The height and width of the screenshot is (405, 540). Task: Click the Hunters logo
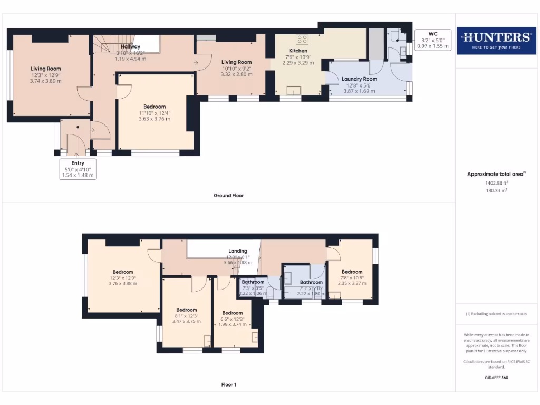(x=496, y=40)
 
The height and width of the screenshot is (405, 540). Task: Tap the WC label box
(x=433, y=40)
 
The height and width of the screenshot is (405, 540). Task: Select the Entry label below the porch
(x=78, y=169)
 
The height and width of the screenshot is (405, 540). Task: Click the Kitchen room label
(x=298, y=51)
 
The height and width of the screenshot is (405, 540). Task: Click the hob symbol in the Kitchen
(x=302, y=38)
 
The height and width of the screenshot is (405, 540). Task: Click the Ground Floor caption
(x=228, y=195)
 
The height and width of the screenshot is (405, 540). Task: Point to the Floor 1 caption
(x=228, y=384)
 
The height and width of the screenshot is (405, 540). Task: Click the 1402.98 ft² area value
(x=496, y=182)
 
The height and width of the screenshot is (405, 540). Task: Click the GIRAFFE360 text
(x=496, y=378)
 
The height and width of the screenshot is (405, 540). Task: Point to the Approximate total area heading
(x=496, y=174)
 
